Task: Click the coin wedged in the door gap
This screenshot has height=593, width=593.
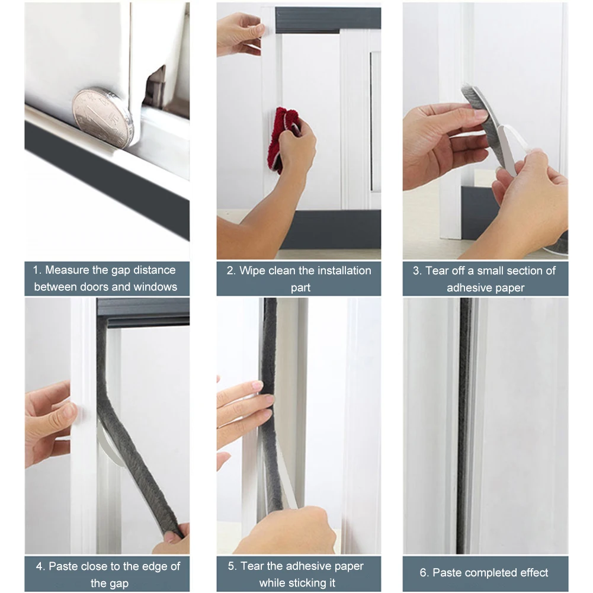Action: point(103,117)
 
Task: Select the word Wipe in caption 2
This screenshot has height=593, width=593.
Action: point(252,271)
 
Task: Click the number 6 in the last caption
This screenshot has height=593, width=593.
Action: point(424,573)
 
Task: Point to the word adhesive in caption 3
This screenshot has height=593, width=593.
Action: point(470,288)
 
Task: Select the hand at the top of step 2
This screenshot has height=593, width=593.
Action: point(239,34)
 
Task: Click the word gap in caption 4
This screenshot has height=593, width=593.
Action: point(118,584)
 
